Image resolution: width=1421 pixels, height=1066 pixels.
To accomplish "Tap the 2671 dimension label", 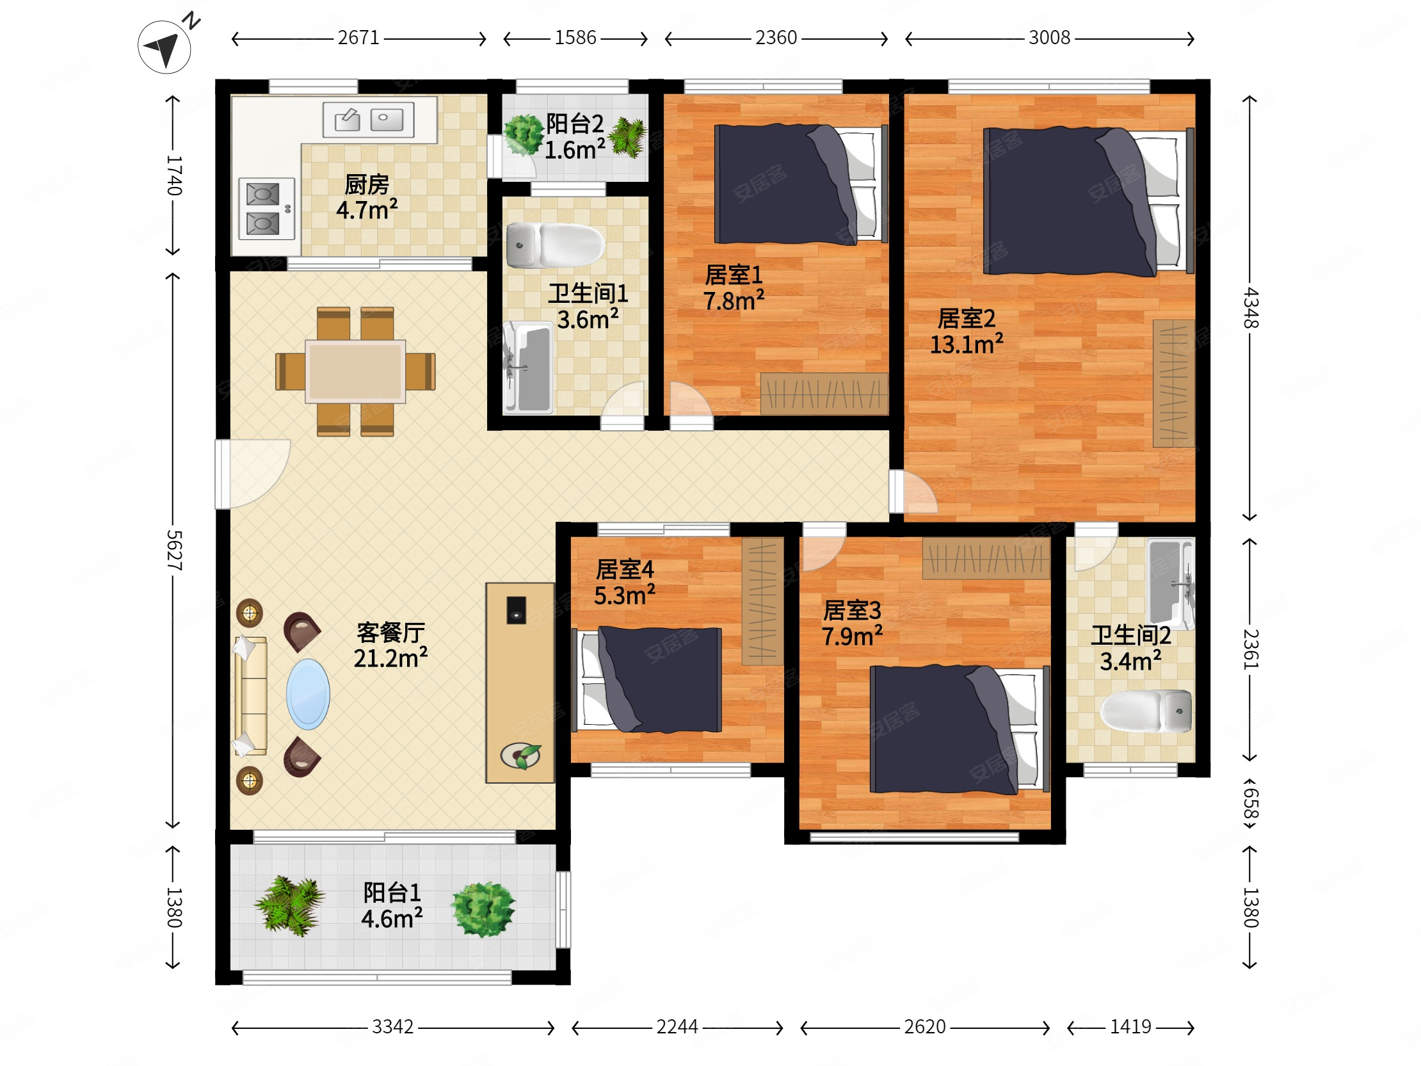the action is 358,38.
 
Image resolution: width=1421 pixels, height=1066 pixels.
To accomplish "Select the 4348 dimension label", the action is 1250,308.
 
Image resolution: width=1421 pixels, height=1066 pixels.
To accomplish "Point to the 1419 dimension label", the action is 1130,1027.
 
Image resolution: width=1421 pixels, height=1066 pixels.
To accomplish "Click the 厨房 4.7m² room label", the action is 367,197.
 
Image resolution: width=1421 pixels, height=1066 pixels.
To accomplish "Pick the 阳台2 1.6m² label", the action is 575,136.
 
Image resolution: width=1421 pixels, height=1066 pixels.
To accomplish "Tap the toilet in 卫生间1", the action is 555,245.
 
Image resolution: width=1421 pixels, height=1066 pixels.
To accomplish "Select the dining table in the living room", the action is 355,371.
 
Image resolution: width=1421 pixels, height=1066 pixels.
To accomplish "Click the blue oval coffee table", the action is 309,694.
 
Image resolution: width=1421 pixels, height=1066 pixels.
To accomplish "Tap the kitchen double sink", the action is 368,120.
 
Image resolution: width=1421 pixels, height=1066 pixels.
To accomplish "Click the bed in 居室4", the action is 646,680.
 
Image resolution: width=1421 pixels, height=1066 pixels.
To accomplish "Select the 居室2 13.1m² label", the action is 966,331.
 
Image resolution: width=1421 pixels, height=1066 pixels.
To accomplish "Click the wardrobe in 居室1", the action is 824,393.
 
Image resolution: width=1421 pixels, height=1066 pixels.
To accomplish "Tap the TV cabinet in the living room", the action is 520,682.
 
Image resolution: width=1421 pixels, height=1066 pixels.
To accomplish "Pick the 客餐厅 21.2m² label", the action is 390,645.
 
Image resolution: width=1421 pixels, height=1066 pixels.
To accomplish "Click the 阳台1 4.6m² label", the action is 392,905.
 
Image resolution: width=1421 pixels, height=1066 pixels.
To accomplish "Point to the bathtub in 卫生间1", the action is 529,367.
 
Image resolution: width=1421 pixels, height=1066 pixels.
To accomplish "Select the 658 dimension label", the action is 1250,804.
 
